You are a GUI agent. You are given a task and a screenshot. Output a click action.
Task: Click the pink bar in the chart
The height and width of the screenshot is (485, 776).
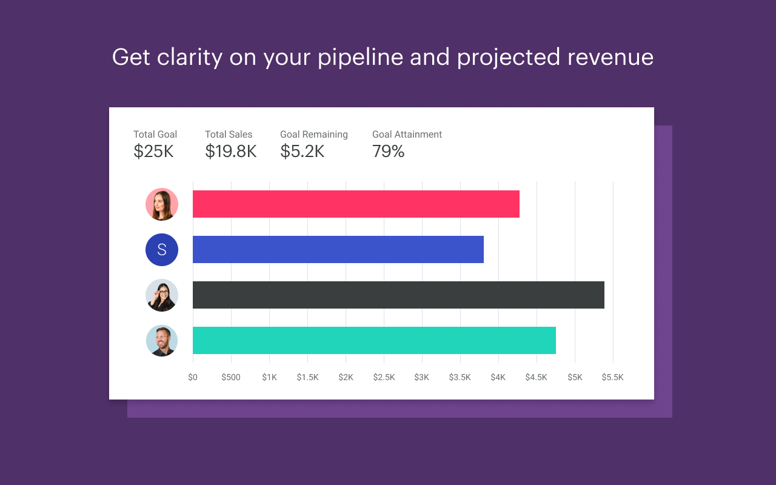pyautogui.click(x=356, y=204)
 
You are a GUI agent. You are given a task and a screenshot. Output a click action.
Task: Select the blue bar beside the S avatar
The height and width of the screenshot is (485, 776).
pyautogui.click(x=338, y=249)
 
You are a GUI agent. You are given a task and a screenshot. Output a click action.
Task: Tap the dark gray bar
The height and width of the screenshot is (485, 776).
pyautogui.click(x=398, y=295)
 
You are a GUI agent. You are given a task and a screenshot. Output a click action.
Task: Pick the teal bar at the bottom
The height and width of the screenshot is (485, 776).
pyautogui.click(x=374, y=340)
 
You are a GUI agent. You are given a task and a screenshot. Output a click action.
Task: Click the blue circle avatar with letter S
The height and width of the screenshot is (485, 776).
pyautogui.click(x=162, y=250)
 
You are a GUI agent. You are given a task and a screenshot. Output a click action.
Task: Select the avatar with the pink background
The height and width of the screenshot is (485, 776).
pyautogui.click(x=162, y=204)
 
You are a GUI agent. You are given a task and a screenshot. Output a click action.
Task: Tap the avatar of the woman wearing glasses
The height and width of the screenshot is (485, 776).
pyautogui.click(x=162, y=295)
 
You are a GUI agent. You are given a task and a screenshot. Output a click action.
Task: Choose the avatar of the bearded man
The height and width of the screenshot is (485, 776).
pyautogui.click(x=162, y=341)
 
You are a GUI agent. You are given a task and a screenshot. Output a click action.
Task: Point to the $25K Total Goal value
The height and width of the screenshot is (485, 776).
pyautogui.click(x=153, y=152)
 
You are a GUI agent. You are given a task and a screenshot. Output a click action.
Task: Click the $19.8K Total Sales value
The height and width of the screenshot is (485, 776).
pyautogui.click(x=230, y=152)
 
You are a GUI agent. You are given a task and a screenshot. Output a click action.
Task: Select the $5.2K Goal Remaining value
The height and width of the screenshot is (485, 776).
pyautogui.click(x=302, y=152)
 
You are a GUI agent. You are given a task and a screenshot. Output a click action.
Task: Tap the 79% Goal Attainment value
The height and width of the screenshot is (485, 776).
pyautogui.click(x=388, y=152)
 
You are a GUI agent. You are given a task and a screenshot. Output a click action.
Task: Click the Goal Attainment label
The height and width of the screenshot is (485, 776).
pyautogui.click(x=407, y=135)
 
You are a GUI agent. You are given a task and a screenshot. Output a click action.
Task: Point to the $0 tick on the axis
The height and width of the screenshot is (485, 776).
pyautogui.click(x=193, y=377)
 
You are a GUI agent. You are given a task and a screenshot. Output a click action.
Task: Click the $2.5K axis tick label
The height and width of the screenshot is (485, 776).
pyautogui.click(x=384, y=377)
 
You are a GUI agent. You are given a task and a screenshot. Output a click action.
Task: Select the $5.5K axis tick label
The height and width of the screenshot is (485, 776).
pyautogui.click(x=612, y=377)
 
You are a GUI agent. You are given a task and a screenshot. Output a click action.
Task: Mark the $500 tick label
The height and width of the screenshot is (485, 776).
pyautogui.click(x=231, y=377)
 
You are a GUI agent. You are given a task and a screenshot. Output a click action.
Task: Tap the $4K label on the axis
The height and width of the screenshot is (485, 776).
pyautogui.click(x=498, y=377)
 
